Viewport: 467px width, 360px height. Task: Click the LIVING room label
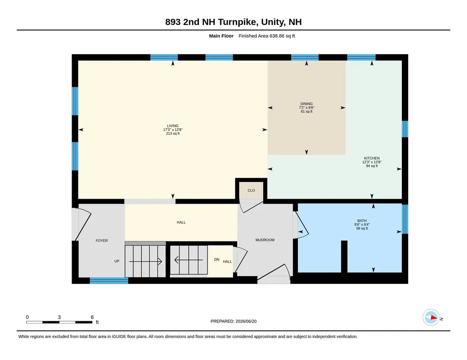[x=173, y=126]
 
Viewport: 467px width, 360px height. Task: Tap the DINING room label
[x=306, y=104]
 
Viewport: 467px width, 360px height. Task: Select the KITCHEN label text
[x=372, y=158]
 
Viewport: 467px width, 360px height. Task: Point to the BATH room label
[x=362, y=221]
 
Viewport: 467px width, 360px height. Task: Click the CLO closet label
[x=251, y=190]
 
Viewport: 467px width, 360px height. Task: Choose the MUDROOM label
[x=265, y=240]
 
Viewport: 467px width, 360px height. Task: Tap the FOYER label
[x=102, y=241]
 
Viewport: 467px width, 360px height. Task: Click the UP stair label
[x=117, y=261]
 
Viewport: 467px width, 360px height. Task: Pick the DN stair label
[x=217, y=259]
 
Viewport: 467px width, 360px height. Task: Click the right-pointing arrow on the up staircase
[x=145, y=262]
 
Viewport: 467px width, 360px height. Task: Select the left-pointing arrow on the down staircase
[x=188, y=260]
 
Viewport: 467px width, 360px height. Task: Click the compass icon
[x=431, y=318]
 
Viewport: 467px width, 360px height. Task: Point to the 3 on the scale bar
[x=59, y=317]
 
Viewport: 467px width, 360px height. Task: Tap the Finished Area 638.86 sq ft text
[x=266, y=36]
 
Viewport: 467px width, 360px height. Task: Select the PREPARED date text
[x=233, y=321]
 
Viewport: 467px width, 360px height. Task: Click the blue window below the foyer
[x=109, y=281]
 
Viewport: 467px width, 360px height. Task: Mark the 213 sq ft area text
[x=173, y=134]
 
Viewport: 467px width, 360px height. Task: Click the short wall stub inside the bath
[x=344, y=257]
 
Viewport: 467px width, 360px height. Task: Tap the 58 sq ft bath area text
[x=362, y=228]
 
